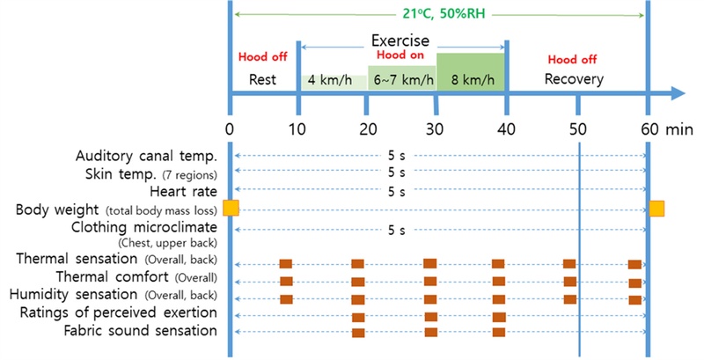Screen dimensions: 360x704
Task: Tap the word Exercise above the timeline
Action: pos(400,40)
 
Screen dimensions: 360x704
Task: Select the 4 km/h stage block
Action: pos(334,80)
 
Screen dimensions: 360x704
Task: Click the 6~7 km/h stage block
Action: pos(401,80)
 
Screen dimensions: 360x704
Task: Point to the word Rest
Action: pos(263,79)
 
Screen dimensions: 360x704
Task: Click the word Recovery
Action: pos(574,79)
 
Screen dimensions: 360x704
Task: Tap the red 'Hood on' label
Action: pos(401,55)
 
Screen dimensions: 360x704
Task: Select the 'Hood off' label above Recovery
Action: pos(573,60)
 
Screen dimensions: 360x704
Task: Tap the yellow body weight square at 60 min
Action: pos(656,208)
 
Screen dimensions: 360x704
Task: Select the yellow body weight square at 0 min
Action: pos(231,208)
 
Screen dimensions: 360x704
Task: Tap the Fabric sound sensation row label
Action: pos(141,331)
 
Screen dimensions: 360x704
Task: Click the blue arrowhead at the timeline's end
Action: pos(677,92)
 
